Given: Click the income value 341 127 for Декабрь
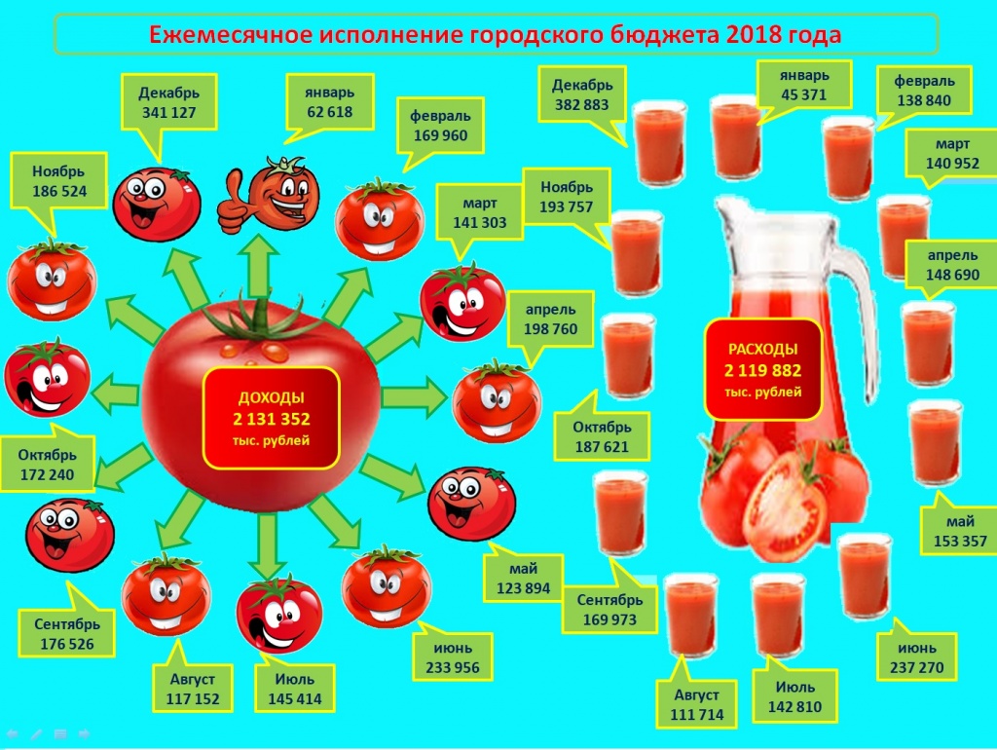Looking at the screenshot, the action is point(168,113).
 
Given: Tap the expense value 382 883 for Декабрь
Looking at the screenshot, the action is point(582,104).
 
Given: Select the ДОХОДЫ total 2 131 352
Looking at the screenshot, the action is point(272,419).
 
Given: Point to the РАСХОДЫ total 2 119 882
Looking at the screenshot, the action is point(762,370).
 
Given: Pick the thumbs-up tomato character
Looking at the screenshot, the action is point(269,195).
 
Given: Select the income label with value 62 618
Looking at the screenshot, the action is point(329,102).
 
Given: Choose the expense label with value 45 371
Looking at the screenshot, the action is point(803,86).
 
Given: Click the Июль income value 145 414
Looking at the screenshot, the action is point(294,698).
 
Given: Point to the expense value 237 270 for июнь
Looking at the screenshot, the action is point(916,667).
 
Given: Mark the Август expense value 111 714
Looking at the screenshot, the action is point(697,714).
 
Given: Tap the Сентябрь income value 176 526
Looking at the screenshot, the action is point(67,644).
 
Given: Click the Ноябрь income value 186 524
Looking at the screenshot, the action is point(59,191).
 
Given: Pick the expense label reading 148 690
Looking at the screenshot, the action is point(951,265).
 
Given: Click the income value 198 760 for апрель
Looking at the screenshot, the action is point(551,329).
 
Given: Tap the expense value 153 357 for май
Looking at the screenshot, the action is point(960,542).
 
